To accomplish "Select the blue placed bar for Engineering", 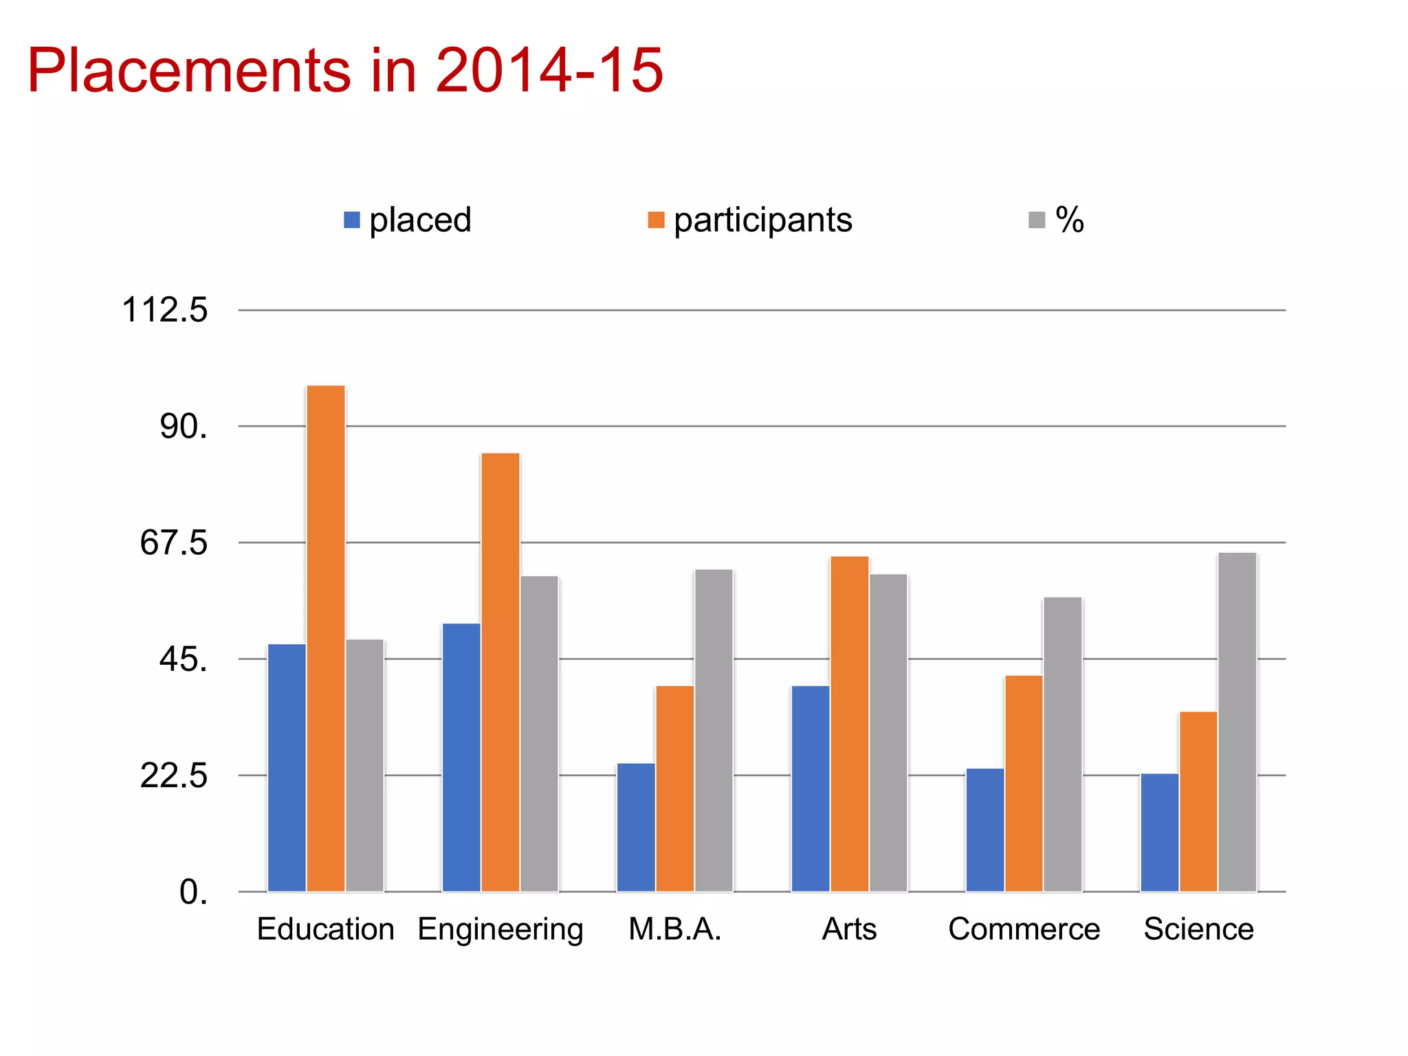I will tap(461, 757).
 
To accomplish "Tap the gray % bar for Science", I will tap(1237, 722).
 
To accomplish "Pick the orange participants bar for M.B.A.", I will tap(674, 788).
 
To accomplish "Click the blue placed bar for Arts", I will tap(811, 788).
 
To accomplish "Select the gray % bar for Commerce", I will tap(1062, 744).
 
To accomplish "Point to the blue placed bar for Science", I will tap(1159, 832).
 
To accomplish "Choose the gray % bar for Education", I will tap(364, 765).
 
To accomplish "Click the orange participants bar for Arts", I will tap(849, 723).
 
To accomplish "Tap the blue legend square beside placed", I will tap(352, 220).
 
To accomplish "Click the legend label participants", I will tap(762, 220).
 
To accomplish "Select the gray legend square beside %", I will tap(1037, 220).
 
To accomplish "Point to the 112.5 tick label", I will tap(164, 310).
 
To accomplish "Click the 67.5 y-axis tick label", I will tap(173, 543).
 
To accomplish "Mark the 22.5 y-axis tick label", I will tap(173, 776).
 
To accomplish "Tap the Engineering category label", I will tap(500, 929).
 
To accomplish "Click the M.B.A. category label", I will tap(674, 929).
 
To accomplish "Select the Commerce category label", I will tap(1024, 929).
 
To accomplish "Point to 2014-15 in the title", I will tap(549, 70).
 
